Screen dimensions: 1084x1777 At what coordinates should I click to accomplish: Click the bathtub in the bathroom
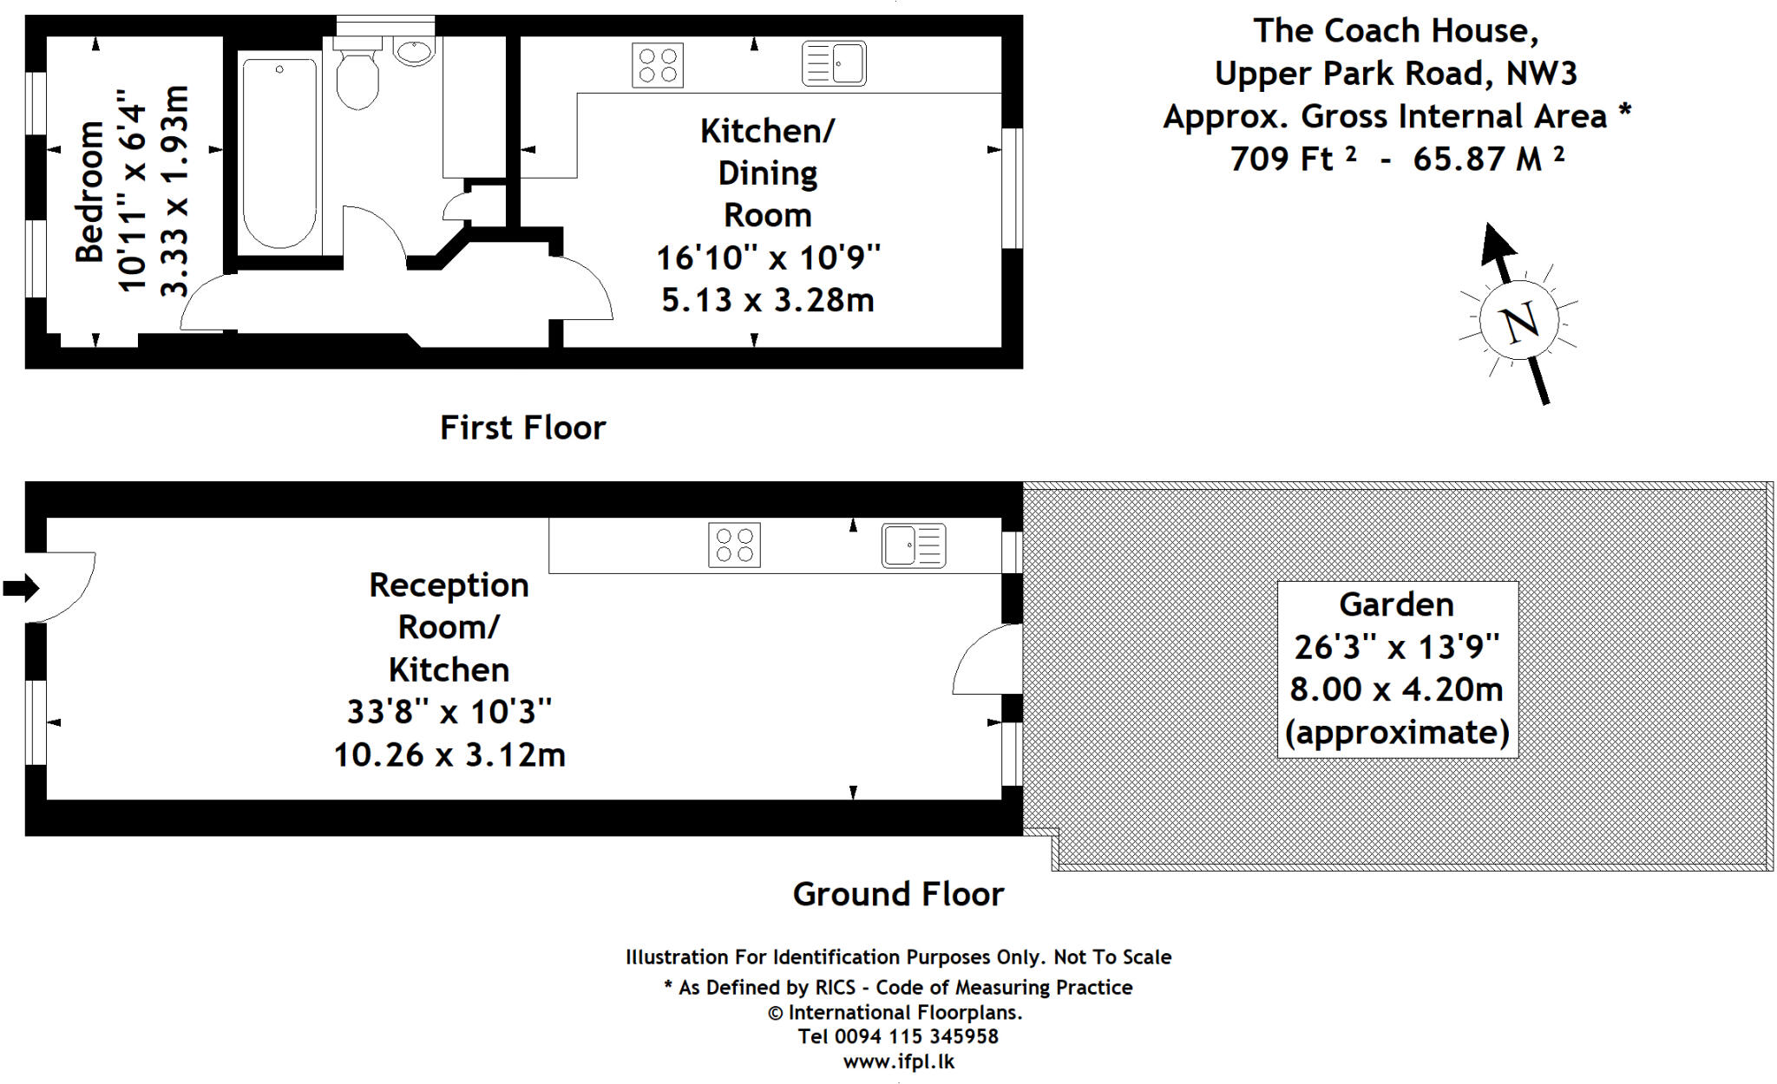[x=279, y=153]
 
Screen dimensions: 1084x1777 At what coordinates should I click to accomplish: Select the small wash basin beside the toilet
[x=415, y=51]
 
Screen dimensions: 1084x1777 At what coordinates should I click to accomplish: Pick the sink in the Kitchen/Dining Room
[x=834, y=63]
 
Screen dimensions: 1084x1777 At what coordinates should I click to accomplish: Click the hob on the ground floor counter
[x=734, y=545]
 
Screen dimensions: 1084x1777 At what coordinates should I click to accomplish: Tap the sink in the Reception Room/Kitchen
[x=914, y=545]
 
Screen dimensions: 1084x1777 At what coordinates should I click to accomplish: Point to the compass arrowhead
[x=1496, y=243]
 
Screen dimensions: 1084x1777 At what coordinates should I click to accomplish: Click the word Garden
[x=1395, y=604]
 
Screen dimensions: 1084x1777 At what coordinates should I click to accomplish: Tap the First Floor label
[x=522, y=428]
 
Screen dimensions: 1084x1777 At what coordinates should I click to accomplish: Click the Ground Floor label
[x=898, y=894]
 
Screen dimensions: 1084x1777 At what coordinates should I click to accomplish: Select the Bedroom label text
[x=89, y=193]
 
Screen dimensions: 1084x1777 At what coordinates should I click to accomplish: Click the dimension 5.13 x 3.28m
[x=767, y=300]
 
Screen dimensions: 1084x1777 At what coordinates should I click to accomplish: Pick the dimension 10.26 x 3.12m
[x=449, y=754]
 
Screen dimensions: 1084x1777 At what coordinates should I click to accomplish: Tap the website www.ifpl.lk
[x=898, y=1061]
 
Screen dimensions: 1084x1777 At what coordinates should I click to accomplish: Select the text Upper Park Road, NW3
[x=1394, y=74]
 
